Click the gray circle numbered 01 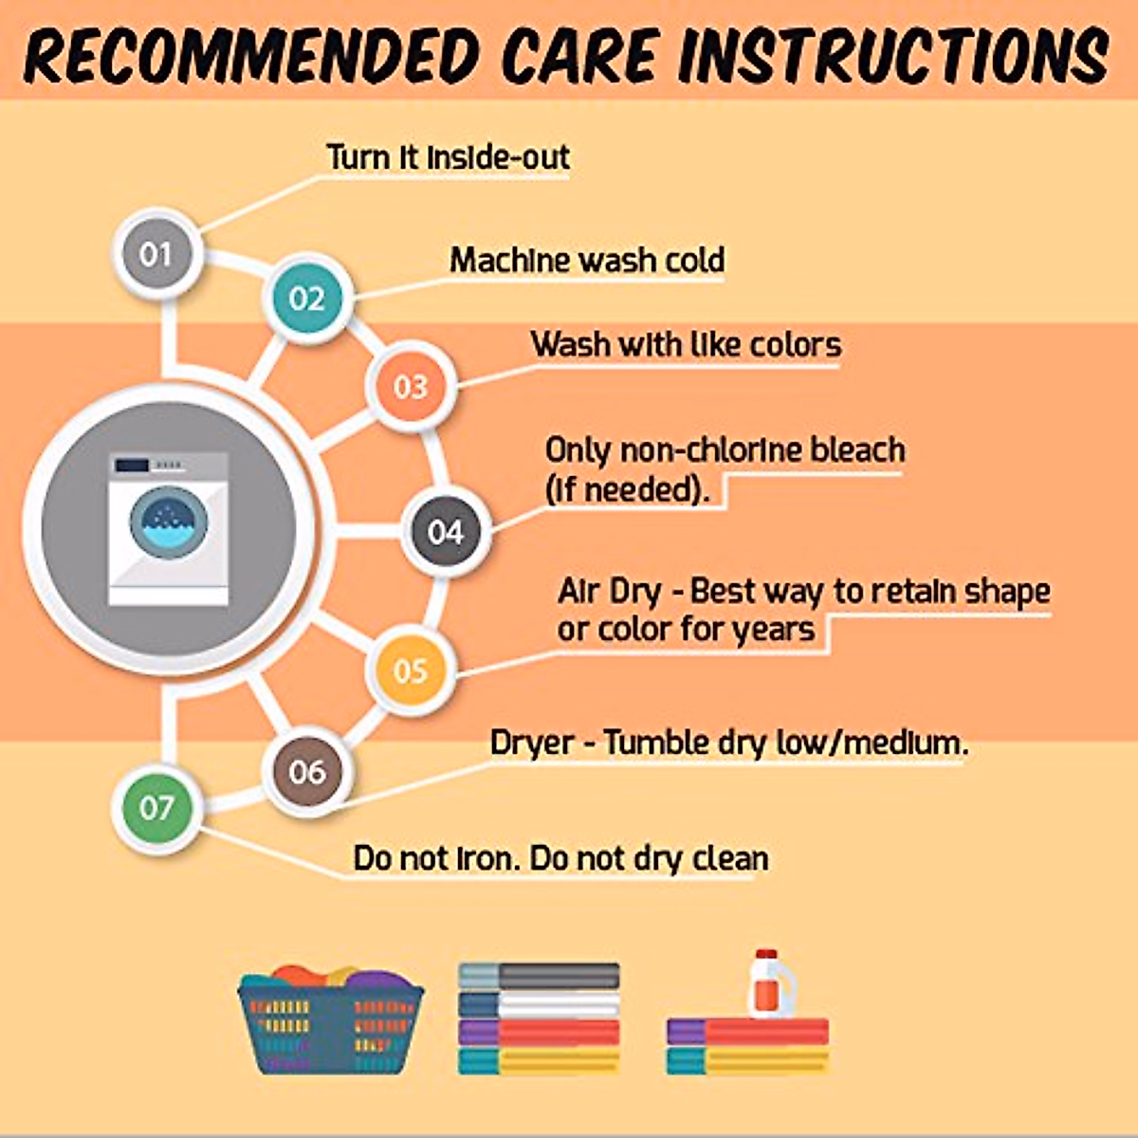tap(157, 254)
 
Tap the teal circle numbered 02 tap(307, 298)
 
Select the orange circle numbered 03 tap(411, 387)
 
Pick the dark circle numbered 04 tap(446, 531)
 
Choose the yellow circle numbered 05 tap(411, 670)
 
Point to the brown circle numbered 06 tap(307, 771)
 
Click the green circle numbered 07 tap(157, 808)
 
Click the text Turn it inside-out tap(449, 157)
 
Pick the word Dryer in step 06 tap(532, 743)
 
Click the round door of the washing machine tap(169, 523)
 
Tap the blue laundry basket tap(330, 1022)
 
